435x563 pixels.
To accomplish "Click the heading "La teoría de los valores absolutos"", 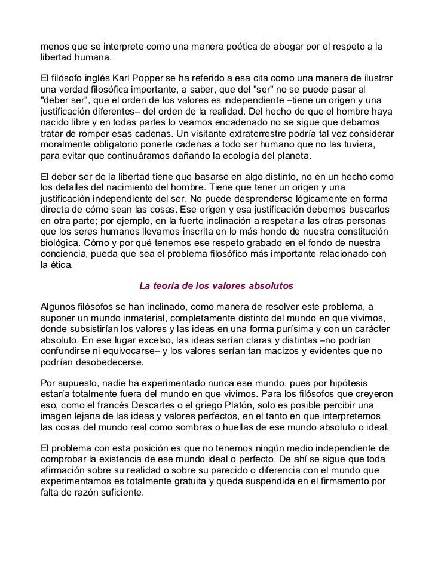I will click(x=217, y=285).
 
